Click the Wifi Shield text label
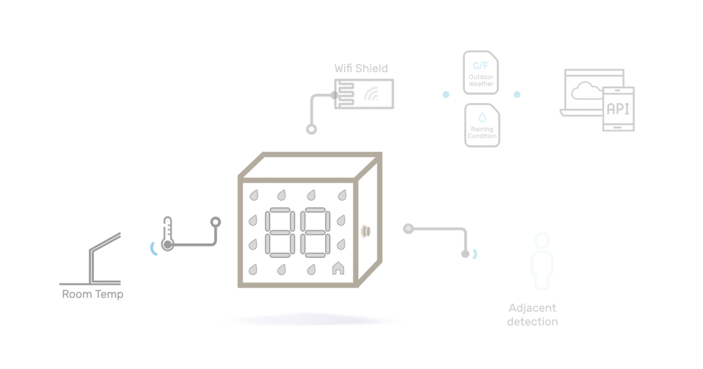[361, 68]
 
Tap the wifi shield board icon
[364, 94]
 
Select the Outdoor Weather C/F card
[481, 73]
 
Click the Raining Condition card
[482, 125]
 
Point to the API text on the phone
[618, 109]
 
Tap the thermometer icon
[168, 234]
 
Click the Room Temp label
[93, 294]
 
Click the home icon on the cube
[338, 268]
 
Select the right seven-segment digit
[315, 233]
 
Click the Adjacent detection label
[532, 314]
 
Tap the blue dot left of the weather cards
[446, 95]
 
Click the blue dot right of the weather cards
[517, 95]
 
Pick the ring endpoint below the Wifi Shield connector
[312, 129]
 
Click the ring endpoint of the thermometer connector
[215, 222]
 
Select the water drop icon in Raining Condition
[482, 117]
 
